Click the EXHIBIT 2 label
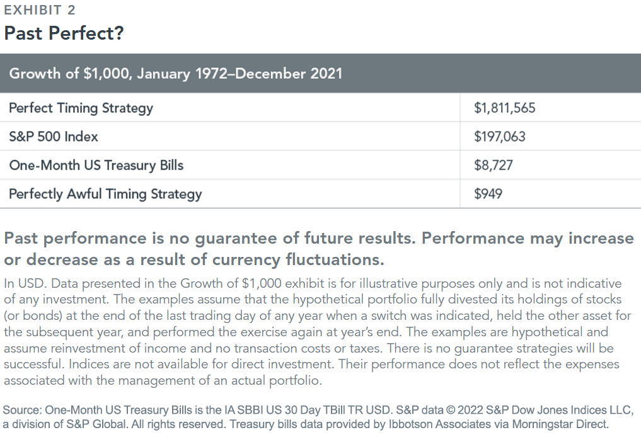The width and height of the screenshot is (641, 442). [x=40, y=10]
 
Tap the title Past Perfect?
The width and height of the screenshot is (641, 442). [x=64, y=33]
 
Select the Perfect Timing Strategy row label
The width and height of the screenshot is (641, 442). [x=81, y=108]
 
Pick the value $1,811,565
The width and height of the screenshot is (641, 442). [x=504, y=108]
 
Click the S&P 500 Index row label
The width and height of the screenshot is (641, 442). [x=54, y=137]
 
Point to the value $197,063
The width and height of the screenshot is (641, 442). [x=500, y=137]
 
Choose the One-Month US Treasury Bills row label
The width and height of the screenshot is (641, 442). [x=96, y=165]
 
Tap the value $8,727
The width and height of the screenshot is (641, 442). [x=493, y=165]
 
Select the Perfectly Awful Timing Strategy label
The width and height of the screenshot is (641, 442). [x=105, y=194]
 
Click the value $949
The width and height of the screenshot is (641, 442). [x=488, y=194]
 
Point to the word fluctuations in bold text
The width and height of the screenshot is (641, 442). [x=335, y=259]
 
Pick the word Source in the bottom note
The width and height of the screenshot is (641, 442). [x=22, y=410]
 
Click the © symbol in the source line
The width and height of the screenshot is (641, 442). [x=450, y=410]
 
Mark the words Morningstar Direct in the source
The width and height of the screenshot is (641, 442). [x=560, y=424]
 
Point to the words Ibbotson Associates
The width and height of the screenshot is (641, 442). [x=439, y=424]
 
